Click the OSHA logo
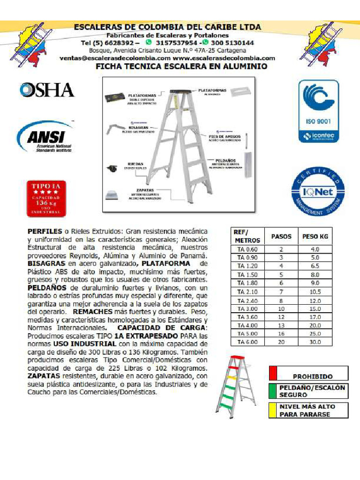(47, 90)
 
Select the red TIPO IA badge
(46, 198)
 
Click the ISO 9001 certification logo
(318, 111)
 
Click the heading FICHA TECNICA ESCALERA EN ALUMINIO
(181, 67)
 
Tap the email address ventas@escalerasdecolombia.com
(115, 58)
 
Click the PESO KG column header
(315, 236)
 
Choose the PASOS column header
(281, 236)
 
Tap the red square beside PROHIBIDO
(273, 373)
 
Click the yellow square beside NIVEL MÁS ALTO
(273, 410)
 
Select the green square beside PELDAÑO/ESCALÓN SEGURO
(273, 391)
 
